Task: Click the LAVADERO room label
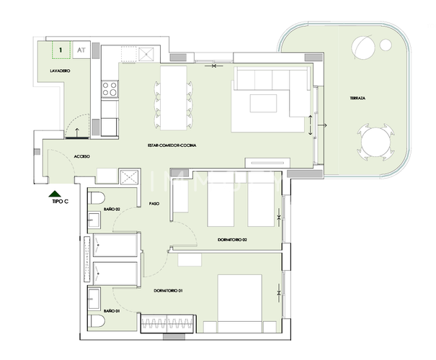coord(59,73)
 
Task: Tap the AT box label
coord(81,51)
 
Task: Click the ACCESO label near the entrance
coord(81,156)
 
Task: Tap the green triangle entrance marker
coord(54,194)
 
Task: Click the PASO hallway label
coord(154,204)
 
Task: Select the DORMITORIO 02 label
coord(233,239)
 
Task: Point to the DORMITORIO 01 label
coord(169,290)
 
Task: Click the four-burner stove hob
coord(110,89)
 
